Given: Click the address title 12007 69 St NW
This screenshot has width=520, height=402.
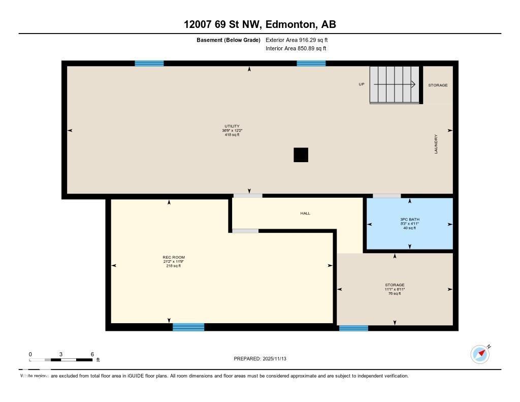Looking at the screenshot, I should click(x=259, y=24).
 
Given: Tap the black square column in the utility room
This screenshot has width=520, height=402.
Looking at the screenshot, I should click(x=301, y=154).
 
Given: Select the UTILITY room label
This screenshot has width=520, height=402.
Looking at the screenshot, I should click(x=232, y=126).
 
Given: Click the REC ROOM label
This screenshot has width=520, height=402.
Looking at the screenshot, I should click(x=170, y=257).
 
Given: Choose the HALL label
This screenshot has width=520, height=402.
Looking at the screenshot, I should click(x=305, y=213).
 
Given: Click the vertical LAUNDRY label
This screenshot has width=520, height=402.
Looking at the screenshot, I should click(x=436, y=144).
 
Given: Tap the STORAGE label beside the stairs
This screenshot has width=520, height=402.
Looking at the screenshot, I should click(x=438, y=85).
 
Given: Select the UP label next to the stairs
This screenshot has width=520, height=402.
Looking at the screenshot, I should click(x=362, y=84).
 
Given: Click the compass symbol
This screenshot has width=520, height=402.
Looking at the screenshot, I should click(x=479, y=354).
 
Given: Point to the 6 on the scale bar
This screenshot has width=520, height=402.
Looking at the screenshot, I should click(x=92, y=354).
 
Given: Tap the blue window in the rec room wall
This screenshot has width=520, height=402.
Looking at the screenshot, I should click(x=188, y=327).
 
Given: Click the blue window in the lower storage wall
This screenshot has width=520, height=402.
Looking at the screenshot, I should click(x=353, y=328).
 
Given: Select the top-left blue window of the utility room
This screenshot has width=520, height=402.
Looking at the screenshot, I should click(x=149, y=64).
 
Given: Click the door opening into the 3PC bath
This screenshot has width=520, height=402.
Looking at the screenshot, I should click(x=386, y=196).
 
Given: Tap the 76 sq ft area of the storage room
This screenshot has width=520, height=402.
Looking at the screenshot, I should click(x=395, y=293).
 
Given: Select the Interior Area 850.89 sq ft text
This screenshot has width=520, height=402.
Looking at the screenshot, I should click(x=296, y=49).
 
